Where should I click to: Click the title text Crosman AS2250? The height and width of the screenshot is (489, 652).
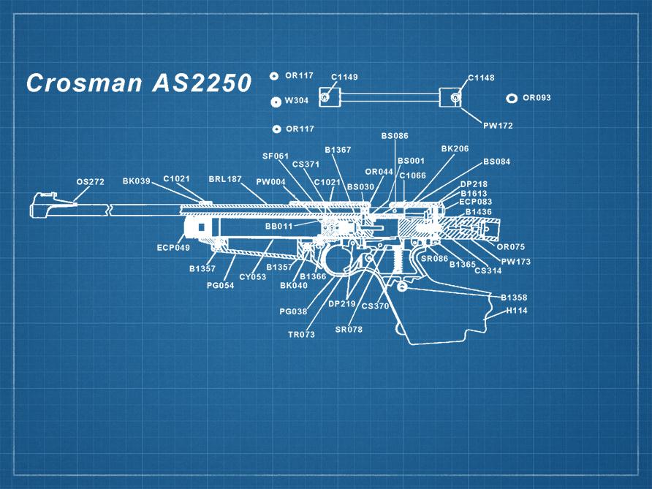[x=138, y=83]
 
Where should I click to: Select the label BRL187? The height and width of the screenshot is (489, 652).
[x=225, y=179]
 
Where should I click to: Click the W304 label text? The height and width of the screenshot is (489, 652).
[x=297, y=101]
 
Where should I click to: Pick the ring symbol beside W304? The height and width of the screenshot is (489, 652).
[x=276, y=102]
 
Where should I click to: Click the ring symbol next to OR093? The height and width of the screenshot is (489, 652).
[x=512, y=98]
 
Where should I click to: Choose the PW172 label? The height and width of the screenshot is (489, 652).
[x=498, y=126]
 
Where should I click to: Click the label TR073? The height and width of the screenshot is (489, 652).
[x=302, y=335]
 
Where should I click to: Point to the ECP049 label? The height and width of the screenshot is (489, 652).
[x=173, y=248]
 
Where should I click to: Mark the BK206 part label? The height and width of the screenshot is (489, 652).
[x=455, y=149]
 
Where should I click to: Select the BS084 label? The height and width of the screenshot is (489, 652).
[x=497, y=162]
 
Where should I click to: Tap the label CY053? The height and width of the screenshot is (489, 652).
[x=253, y=277]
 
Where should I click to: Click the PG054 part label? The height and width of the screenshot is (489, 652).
[x=220, y=286]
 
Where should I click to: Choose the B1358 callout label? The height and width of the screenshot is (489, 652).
[x=514, y=298]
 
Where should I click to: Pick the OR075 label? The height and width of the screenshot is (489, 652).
[x=511, y=247]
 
